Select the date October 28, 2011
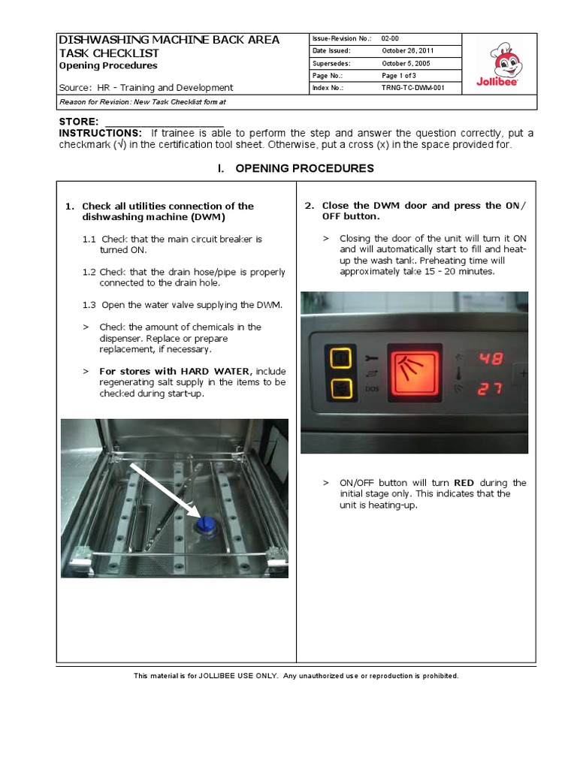point(407,50)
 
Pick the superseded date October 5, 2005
point(405,63)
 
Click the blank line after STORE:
point(163,122)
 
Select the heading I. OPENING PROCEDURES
point(295,168)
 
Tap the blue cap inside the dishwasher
point(204,523)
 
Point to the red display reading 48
point(491,359)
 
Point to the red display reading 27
point(491,388)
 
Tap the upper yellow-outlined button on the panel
point(338,359)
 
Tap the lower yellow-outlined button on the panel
point(338,389)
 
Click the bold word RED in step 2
point(464,483)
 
